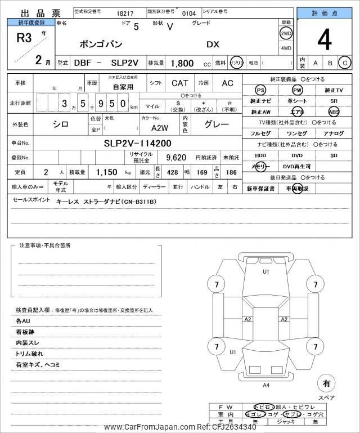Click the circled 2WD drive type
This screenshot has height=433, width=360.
pyautogui.click(x=286, y=33)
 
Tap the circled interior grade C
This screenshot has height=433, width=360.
pyautogui.click(x=344, y=63)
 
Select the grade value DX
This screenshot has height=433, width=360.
pyautogui.click(x=213, y=44)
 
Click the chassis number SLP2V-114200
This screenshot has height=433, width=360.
pyautogui.click(x=137, y=143)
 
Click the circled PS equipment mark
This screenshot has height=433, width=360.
pyautogui.click(x=260, y=90)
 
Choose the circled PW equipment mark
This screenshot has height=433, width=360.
pyautogui.click(x=297, y=90)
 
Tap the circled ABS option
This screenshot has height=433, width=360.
pyautogui.click(x=334, y=111)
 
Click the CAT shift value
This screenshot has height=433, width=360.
pyautogui.click(x=180, y=83)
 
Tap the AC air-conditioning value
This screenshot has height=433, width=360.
pyautogui.click(x=227, y=83)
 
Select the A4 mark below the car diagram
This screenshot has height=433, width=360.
pyautogui.click(x=266, y=385)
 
